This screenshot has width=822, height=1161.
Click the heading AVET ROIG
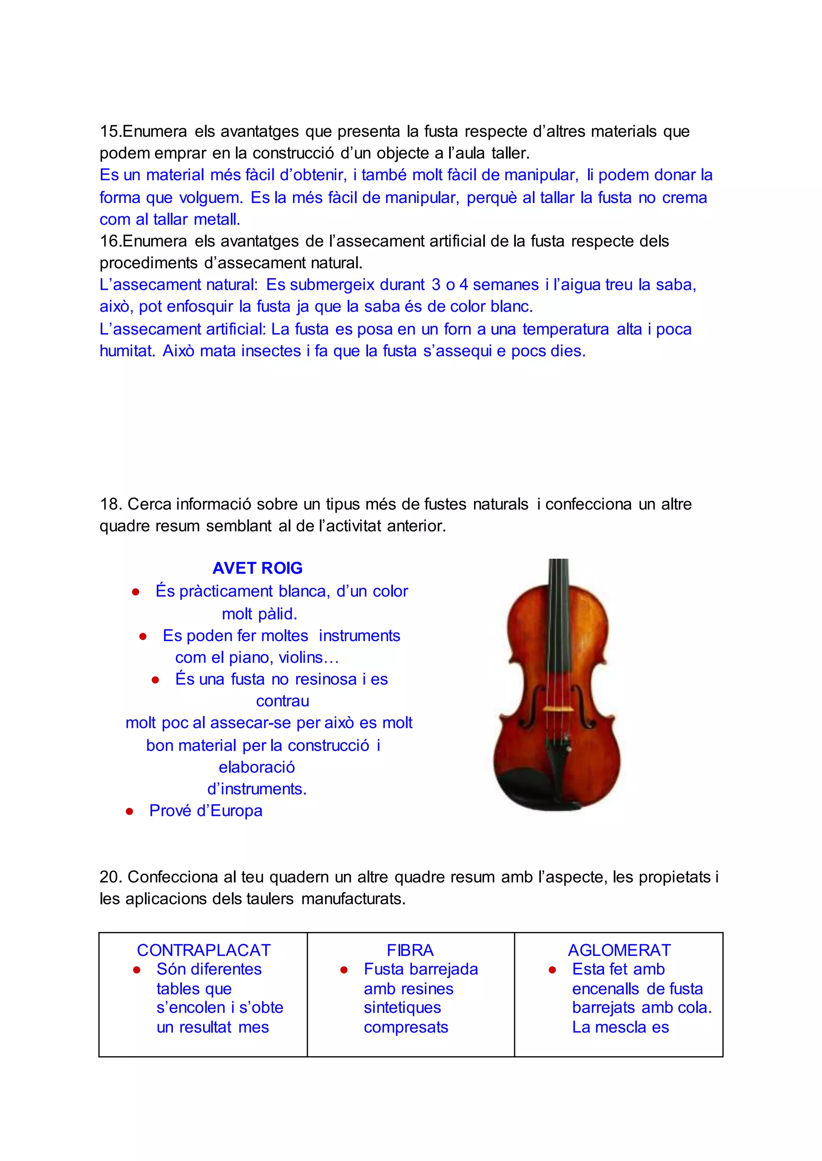pyautogui.click(x=257, y=568)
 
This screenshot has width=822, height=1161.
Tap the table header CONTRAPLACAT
pyautogui.click(x=203, y=950)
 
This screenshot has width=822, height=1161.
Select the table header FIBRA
pyautogui.click(x=410, y=950)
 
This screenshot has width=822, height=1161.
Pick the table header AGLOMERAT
pyautogui.click(x=619, y=950)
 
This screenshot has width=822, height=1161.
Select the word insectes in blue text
pyautogui.click(x=271, y=351)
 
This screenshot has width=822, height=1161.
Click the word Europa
pyautogui.click(x=236, y=811)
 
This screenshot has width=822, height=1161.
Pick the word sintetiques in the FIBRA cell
pyautogui.click(x=403, y=1008)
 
